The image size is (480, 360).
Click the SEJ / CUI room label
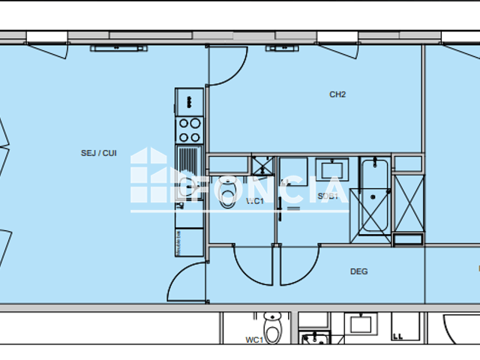coord(98,153)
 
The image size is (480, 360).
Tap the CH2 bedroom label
coord(337,94)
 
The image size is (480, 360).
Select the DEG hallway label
coord(358,271)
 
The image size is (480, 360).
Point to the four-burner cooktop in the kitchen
coord(189,130)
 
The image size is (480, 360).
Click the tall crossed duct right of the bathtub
coord(409,202)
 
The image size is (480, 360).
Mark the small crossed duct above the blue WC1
coord(262,165)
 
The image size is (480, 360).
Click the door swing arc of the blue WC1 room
coord(251,264)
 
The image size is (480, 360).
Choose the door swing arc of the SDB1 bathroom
coord(300,264)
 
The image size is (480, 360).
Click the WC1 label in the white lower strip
coord(253,340)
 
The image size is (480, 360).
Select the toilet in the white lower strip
coord(271,328)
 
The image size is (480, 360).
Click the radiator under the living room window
coord(118,49)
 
